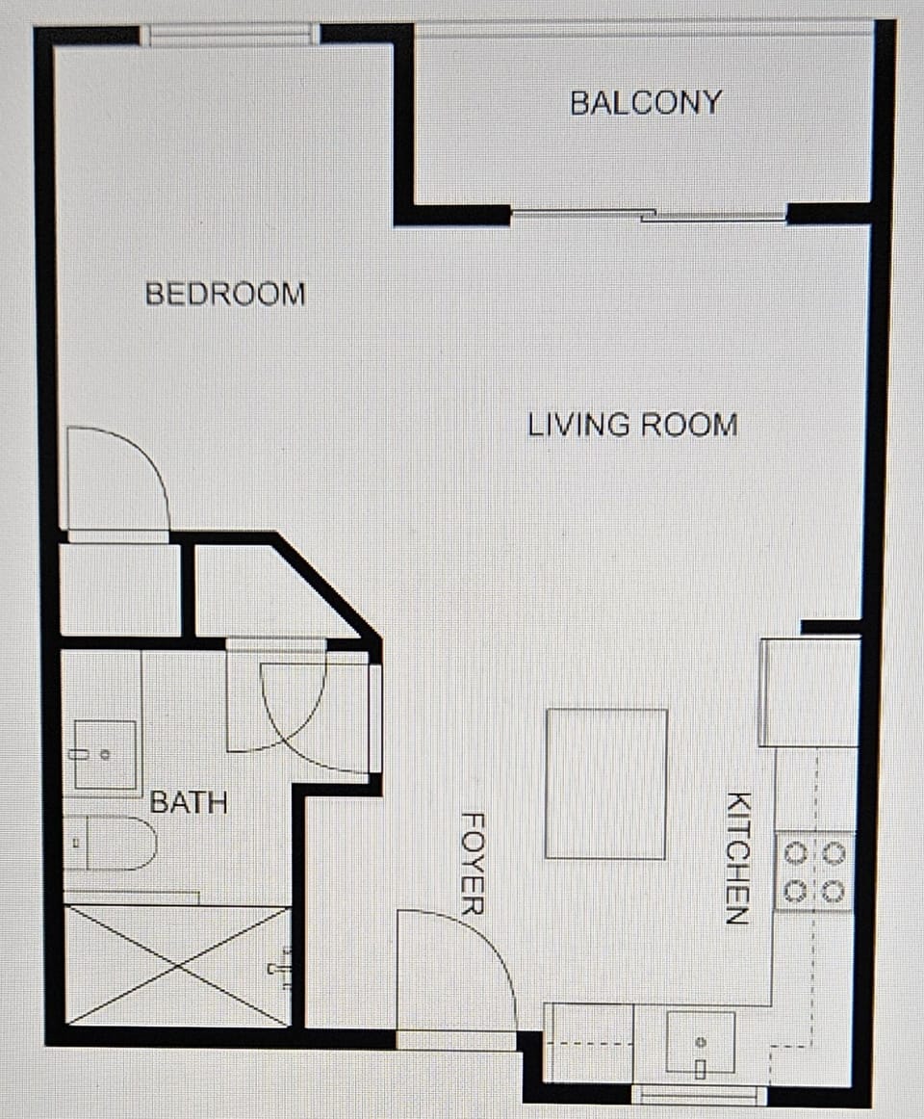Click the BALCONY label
pos(646,102)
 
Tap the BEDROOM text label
pos(225,294)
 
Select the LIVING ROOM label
pos(632,425)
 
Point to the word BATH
pos(189,802)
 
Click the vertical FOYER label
pos(473,863)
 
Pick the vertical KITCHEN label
pos(737,858)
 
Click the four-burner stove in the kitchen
pos(815,872)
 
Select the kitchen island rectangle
pos(606,784)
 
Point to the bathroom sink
pos(103,755)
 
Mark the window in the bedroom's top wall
pos(229,36)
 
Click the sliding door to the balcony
pos(648,216)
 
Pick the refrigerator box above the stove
pos(809,691)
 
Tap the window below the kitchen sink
pos(700,1095)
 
